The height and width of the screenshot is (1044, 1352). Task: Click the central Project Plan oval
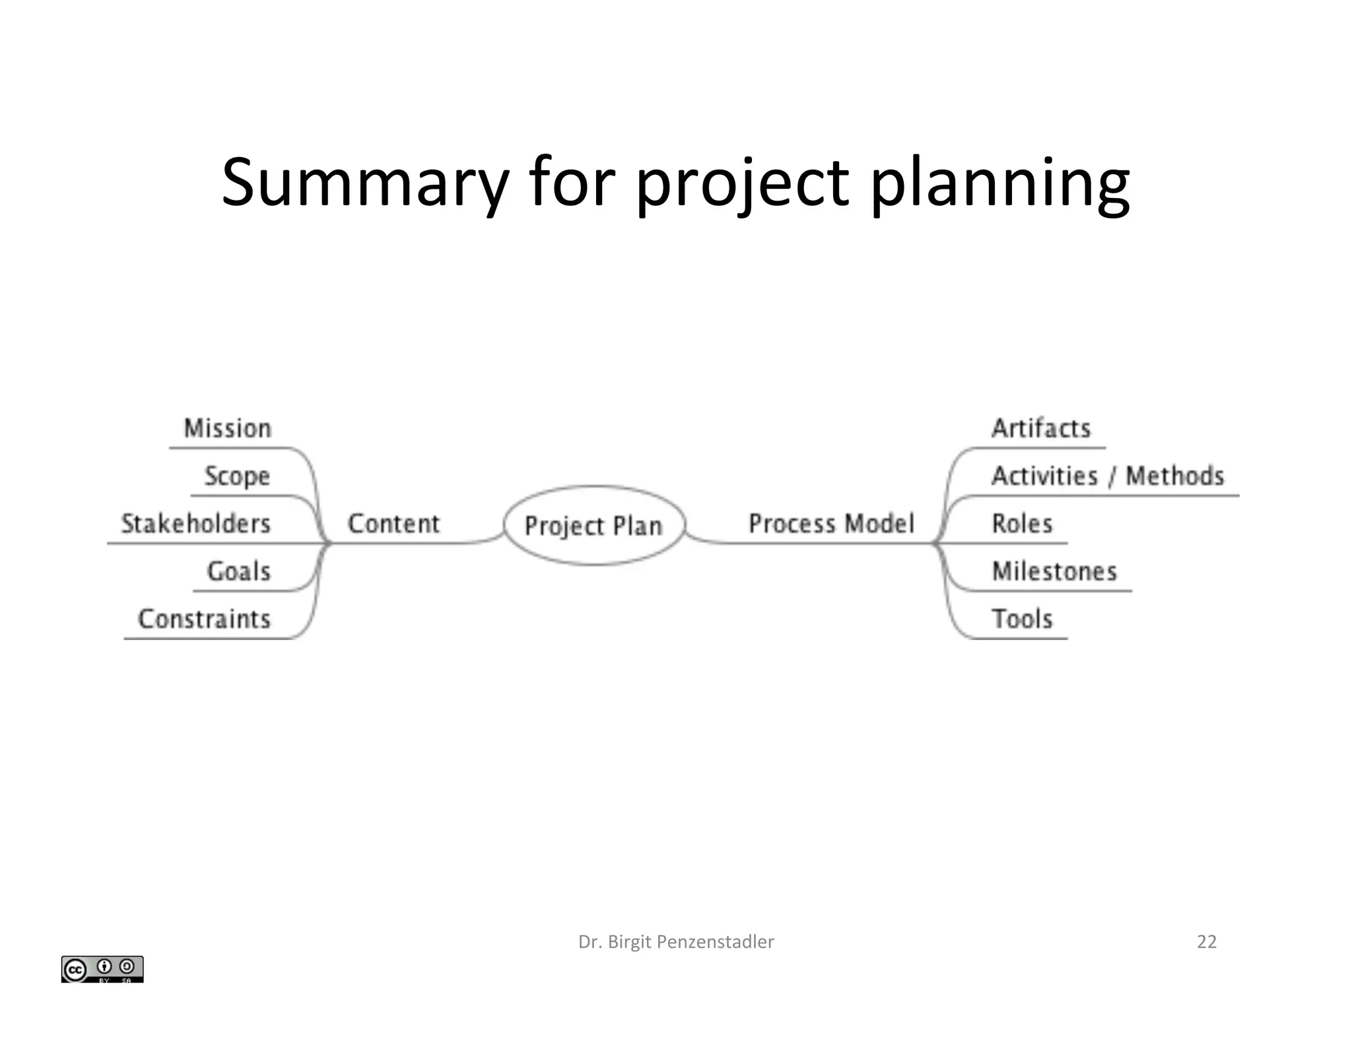(x=593, y=525)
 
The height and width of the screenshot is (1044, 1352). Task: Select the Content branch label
(x=393, y=523)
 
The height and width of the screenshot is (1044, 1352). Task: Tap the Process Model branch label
(x=831, y=523)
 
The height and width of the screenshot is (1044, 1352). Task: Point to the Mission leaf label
(x=228, y=428)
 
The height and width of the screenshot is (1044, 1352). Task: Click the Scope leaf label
(x=237, y=476)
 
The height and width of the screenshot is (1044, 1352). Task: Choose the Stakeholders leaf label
(x=196, y=523)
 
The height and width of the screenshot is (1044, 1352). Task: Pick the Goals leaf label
(x=239, y=571)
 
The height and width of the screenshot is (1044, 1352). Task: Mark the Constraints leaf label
(x=205, y=618)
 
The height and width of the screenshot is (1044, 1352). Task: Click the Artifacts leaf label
(x=1041, y=428)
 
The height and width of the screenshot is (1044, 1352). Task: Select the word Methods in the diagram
(x=1174, y=476)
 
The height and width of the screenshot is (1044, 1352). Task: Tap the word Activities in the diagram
(x=1045, y=476)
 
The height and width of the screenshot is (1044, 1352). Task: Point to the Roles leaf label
(x=1022, y=523)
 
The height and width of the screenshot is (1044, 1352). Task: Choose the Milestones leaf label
(x=1054, y=571)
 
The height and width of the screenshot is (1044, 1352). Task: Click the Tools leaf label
(x=1022, y=618)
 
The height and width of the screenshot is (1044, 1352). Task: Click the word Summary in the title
(x=365, y=182)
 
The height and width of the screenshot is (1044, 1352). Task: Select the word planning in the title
(x=999, y=185)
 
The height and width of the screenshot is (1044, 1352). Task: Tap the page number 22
(x=1206, y=942)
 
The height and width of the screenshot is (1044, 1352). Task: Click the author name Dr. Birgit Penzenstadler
(x=676, y=942)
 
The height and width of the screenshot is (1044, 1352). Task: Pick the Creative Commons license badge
(x=102, y=969)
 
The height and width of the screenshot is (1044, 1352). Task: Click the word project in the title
(x=742, y=185)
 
